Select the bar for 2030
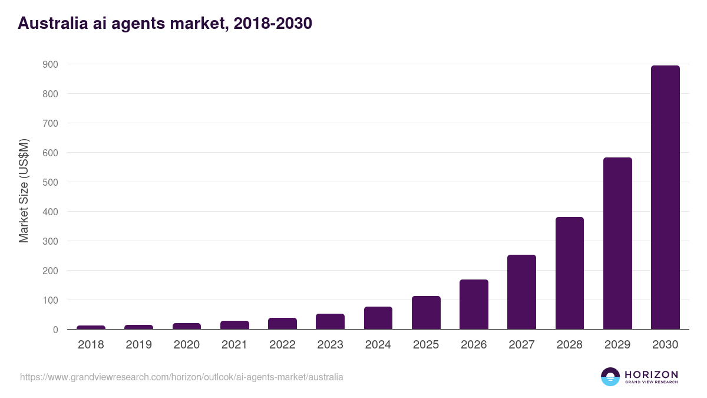coord(665,198)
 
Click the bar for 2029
coord(617,244)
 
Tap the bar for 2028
coord(570,273)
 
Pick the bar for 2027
coord(521,292)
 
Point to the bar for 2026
coord(474,304)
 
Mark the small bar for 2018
coord(91,327)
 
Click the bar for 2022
coord(282,323)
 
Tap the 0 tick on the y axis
coord(55,330)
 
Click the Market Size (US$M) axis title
coord(24,190)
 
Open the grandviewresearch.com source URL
coord(181,377)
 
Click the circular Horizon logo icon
coord(610,377)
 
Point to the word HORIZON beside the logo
coord(651,374)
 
